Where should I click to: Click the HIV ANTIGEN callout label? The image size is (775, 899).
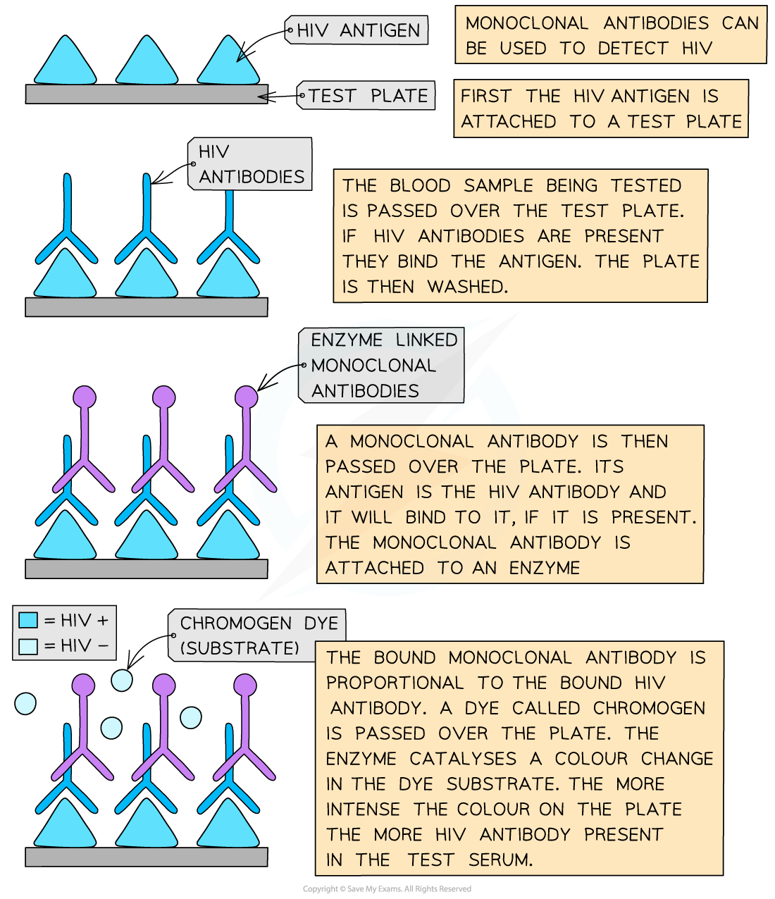click(x=356, y=30)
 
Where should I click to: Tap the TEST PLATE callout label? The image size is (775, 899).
click(x=366, y=95)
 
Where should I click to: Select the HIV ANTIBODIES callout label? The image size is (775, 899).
click(x=249, y=164)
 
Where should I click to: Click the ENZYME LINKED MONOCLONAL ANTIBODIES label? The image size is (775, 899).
click(x=381, y=365)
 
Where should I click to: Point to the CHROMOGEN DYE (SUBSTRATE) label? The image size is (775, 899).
click(x=256, y=635)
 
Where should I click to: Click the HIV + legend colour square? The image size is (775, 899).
click(x=28, y=620)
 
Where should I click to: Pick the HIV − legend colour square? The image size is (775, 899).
click(x=28, y=646)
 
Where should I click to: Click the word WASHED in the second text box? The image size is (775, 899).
click(x=467, y=287)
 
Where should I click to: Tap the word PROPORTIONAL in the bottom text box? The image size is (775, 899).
click(x=395, y=683)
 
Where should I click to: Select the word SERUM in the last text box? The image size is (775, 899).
click(x=500, y=860)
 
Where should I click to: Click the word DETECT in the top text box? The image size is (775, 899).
click(x=633, y=48)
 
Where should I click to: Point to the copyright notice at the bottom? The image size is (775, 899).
click(x=387, y=889)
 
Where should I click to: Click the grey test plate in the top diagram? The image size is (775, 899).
click(x=147, y=94)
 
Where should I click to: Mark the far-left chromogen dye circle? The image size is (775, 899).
click(x=25, y=703)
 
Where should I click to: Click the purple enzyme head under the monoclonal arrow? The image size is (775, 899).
click(x=246, y=397)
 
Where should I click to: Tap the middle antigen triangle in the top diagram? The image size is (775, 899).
click(x=147, y=61)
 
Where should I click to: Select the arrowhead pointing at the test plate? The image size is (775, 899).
click(x=266, y=97)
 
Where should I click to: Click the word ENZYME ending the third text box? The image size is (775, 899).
click(x=545, y=568)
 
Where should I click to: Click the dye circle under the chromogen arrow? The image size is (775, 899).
click(x=122, y=680)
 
